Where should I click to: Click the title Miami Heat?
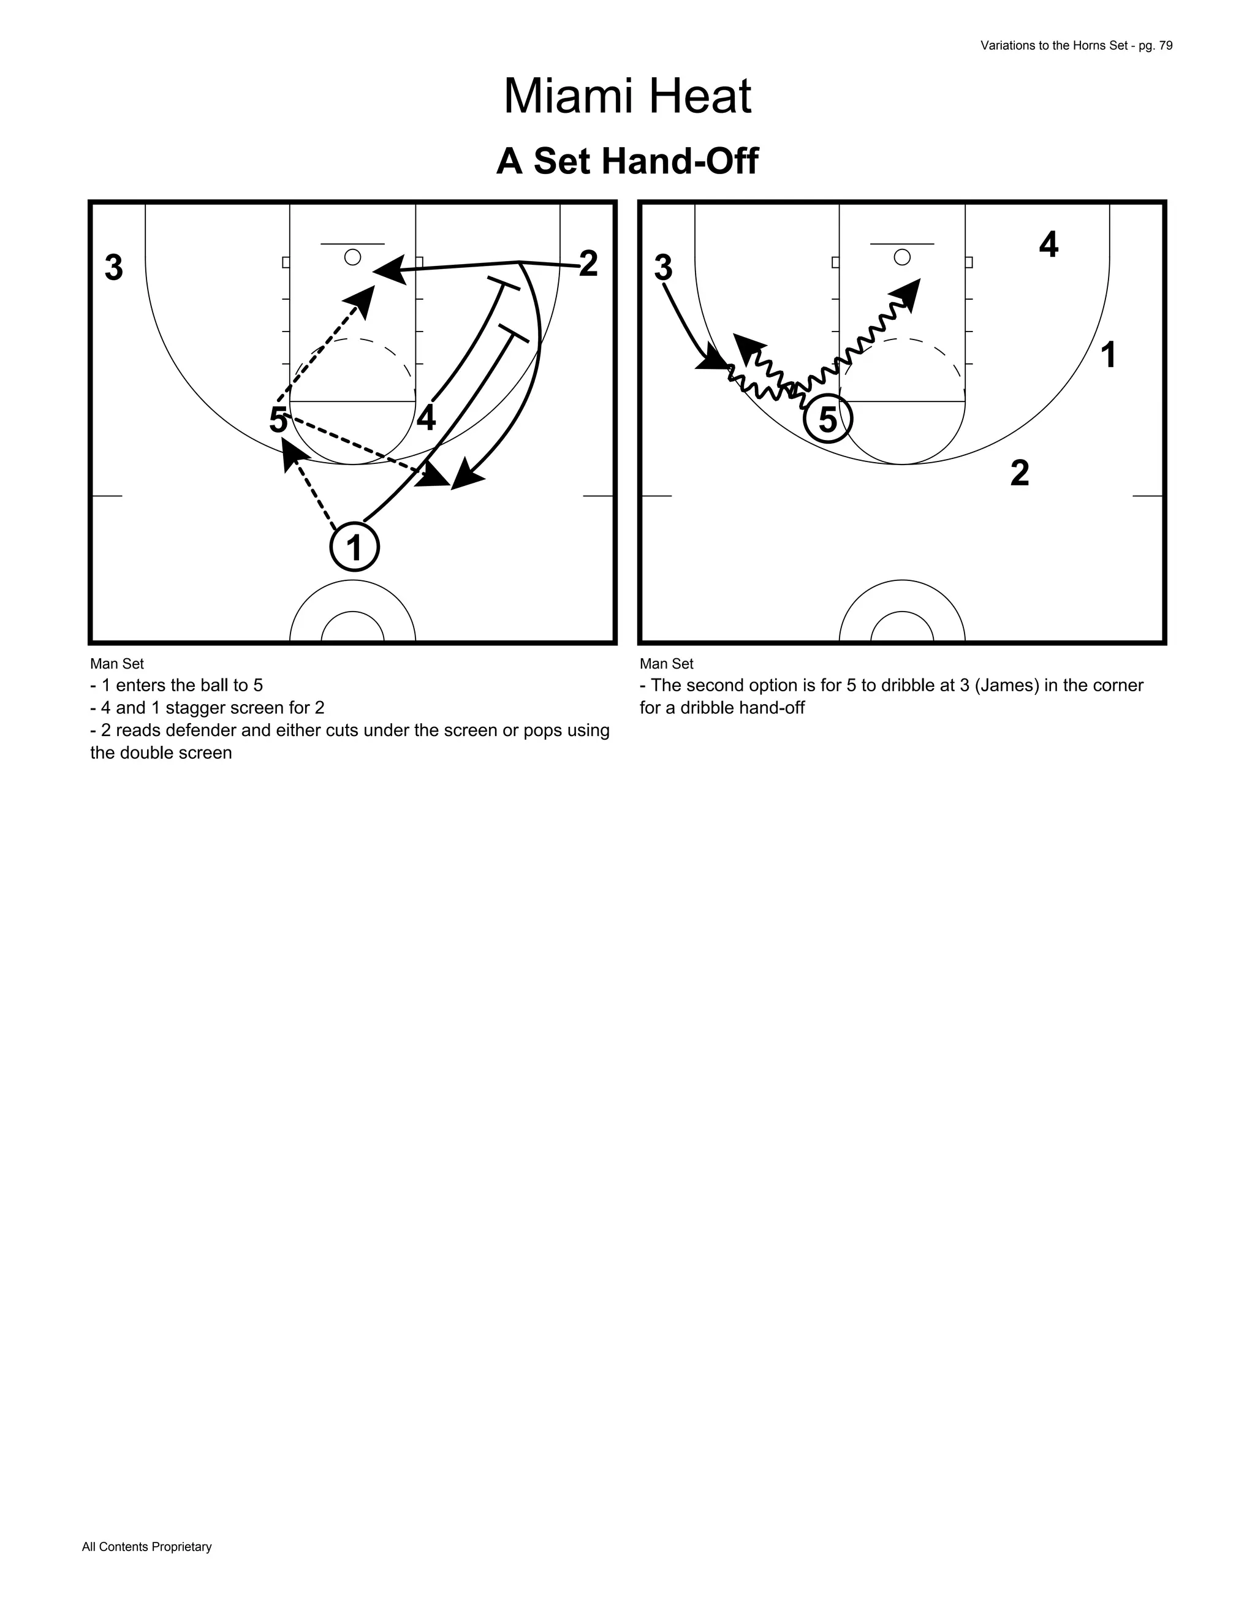(627, 97)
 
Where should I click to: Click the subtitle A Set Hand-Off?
(627, 161)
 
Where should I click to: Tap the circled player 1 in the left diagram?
(355, 548)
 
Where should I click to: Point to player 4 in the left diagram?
(426, 419)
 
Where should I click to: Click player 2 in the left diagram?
(588, 264)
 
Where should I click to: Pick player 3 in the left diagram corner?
(114, 268)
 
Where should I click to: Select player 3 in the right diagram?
(663, 268)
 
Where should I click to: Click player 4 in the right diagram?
(1048, 245)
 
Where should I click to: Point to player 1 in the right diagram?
(1108, 355)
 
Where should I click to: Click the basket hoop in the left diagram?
(353, 257)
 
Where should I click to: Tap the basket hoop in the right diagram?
(902, 257)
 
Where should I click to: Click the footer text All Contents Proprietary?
(146, 1547)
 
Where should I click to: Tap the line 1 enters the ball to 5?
(177, 686)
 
